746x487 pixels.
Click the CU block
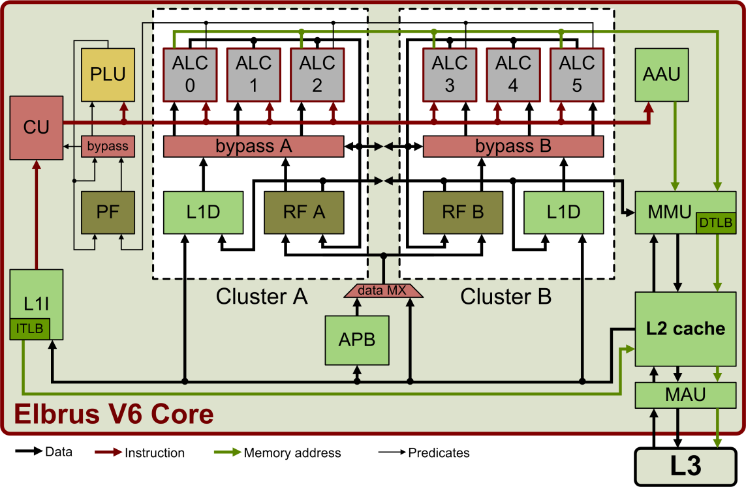(x=36, y=127)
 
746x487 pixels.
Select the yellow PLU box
(x=108, y=74)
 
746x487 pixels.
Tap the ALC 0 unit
(x=190, y=74)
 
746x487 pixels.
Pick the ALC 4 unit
(x=513, y=74)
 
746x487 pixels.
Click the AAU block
(x=661, y=74)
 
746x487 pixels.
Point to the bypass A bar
(x=253, y=146)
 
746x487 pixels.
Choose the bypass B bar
(x=513, y=146)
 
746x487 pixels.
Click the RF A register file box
(x=303, y=212)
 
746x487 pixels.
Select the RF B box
(x=462, y=212)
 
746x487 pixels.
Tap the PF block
(x=108, y=212)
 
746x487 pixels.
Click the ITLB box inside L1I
(x=30, y=329)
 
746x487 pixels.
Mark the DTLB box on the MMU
(x=716, y=223)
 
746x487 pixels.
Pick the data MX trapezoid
(x=383, y=291)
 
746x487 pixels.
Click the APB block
(x=356, y=340)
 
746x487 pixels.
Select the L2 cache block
(x=685, y=328)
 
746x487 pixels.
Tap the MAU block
(x=685, y=394)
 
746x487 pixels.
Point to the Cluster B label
(x=506, y=297)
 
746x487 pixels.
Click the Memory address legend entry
(x=292, y=452)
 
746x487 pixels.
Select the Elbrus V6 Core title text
(x=114, y=414)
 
